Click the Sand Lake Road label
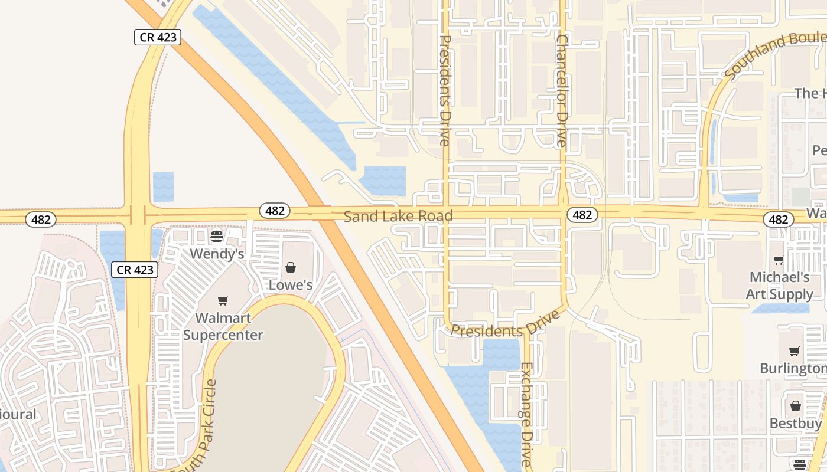click(x=398, y=216)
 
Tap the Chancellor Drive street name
click(x=562, y=90)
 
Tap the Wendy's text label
click(x=217, y=254)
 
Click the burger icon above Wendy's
click(x=217, y=237)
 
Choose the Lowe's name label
click(x=291, y=285)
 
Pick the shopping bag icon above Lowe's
click(x=291, y=267)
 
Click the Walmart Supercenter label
click(x=223, y=326)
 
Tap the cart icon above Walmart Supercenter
click(x=223, y=301)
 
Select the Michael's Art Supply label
click(x=779, y=286)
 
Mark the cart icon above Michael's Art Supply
click(x=779, y=260)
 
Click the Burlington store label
click(x=793, y=369)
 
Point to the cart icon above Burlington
click(x=795, y=352)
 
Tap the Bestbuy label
click(x=795, y=424)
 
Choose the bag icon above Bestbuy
click(x=795, y=406)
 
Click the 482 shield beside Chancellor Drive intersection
click(x=582, y=215)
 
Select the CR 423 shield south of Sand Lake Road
click(x=135, y=270)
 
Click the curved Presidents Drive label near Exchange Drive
click(x=505, y=325)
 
